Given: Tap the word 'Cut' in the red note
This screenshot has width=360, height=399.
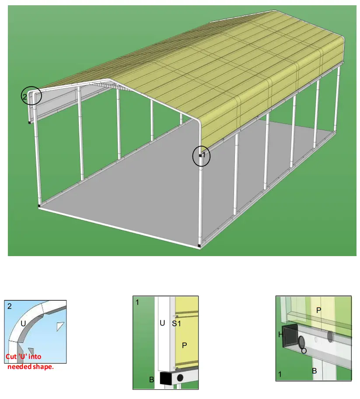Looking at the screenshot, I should (11, 357).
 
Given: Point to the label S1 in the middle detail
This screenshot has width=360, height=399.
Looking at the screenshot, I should (175, 323).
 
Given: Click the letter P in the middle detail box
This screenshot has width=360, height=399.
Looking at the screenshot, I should (184, 345).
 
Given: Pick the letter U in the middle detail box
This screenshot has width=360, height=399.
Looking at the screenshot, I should (162, 323).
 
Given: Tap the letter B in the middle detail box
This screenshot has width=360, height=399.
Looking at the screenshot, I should (151, 380).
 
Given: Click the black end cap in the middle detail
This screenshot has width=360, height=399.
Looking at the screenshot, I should (166, 378).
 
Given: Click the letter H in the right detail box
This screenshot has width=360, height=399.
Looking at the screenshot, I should (280, 335).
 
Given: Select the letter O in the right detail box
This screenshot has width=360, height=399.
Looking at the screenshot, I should (303, 350).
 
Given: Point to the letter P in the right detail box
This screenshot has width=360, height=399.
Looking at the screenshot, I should (318, 310).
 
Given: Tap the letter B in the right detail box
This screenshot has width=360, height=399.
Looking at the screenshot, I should (314, 371).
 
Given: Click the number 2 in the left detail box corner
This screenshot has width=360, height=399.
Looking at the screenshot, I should (10, 306).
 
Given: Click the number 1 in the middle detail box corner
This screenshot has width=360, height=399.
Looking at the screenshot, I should (137, 302).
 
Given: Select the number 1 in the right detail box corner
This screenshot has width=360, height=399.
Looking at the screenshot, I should (280, 374).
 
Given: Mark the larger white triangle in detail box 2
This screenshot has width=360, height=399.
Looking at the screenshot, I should (60, 326).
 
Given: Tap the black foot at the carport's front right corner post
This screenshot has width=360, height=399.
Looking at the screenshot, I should (199, 246).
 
